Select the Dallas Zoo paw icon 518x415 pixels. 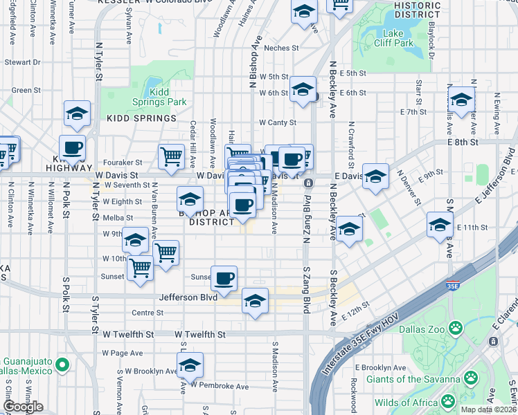(456, 327)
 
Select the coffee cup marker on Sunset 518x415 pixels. (224, 279)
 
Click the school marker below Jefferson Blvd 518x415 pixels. (255, 302)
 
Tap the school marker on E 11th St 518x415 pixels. (440, 225)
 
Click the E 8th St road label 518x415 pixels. (463, 142)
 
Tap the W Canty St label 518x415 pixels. (278, 122)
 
